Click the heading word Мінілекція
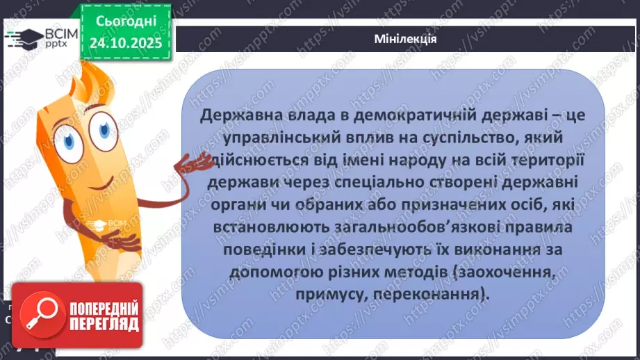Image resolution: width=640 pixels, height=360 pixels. (x=404, y=38)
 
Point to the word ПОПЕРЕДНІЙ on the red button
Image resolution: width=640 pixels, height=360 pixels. (x=103, y=308)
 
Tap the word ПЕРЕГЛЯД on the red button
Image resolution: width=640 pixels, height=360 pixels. (x=104, y=324)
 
